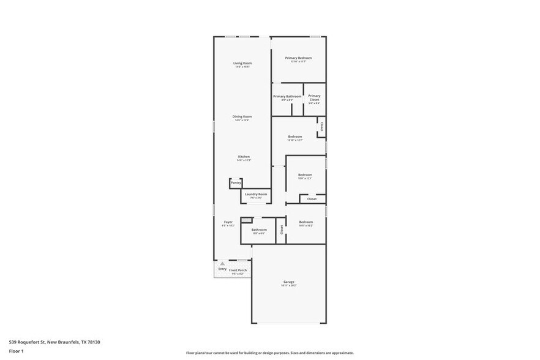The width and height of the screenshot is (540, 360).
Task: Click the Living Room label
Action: (242, 64)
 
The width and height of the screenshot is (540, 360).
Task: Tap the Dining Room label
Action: (242, 116)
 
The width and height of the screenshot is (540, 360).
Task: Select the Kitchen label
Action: (244, 157)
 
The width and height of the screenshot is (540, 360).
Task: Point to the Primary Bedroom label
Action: (298, 58)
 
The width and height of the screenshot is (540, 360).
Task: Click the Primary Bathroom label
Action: (287, 96)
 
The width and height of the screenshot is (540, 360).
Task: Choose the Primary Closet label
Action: (314, 96)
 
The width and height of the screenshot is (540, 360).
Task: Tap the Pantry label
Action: (236, 183)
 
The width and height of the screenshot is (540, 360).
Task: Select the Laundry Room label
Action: (256, 194)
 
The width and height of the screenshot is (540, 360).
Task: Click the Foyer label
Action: (228, 222)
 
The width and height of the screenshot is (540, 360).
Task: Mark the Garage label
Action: (288, 282)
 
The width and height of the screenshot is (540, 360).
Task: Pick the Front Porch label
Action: (238, 270)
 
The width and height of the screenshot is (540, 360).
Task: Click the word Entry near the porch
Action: (222, 269)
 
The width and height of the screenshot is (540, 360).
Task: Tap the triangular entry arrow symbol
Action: (222, 263)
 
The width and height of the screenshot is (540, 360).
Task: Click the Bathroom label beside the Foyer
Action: (259, 230)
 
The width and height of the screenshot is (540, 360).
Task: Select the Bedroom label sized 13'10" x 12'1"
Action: (295, 137)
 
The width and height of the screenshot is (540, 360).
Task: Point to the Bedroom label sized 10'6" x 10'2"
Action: (306, 222)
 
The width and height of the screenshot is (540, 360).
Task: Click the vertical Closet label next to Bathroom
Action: (282, 230)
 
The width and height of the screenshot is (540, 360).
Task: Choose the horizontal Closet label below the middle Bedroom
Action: (312, 199)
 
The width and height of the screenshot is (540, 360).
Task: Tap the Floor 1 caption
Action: (16, 351)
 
